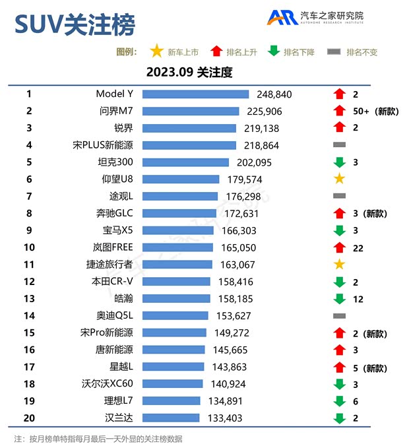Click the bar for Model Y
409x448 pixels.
click(x=195, y=94)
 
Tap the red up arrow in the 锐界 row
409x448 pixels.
click(x=340, y=128)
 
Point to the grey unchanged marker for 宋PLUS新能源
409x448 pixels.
click(x=340, y=144)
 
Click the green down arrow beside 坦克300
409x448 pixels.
click(x=340, y=162)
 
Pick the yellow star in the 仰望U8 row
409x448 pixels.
click(x=340, y=179)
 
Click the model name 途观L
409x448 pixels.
click(x=121, y=196)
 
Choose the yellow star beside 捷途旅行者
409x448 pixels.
click(x=340, y=265)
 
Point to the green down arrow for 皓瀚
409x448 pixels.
click(x=340, y=299)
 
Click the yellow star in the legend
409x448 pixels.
click(x=156, y=51)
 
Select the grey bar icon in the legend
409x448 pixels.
click(x=334, y=51)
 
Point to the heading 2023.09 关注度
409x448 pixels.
click(x=189, y=72)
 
